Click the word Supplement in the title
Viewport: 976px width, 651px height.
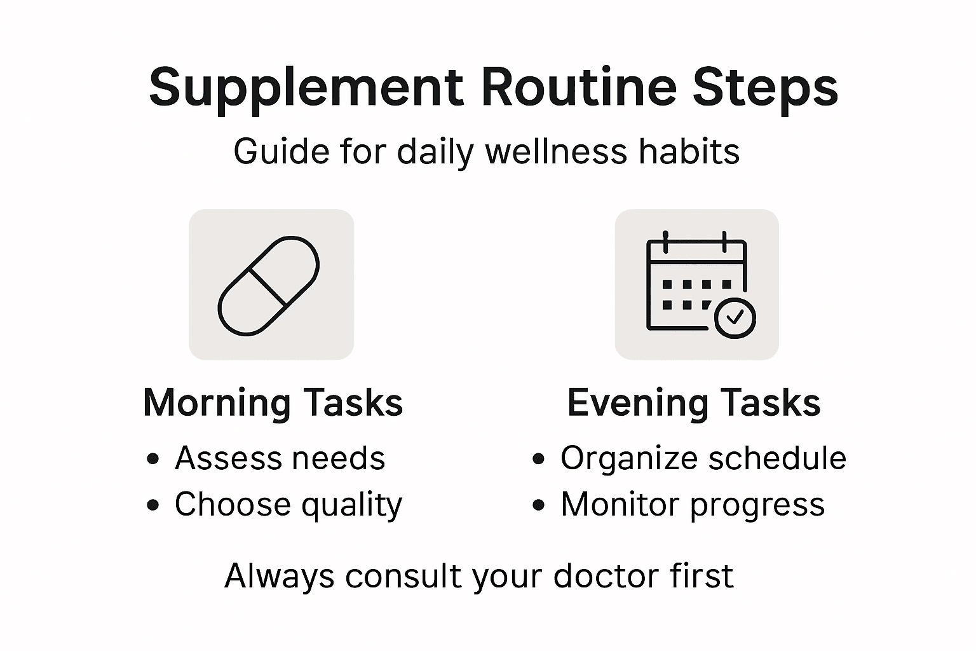click(x=306, y=88)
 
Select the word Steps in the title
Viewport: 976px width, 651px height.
click(x=765, y=88)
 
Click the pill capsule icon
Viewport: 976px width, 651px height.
click(x=268, y=285)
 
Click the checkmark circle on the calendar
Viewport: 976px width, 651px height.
click(x=735, y=317)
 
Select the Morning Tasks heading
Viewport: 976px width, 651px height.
click(x=273, y=403)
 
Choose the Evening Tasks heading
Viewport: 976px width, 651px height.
click(x=694, y=403)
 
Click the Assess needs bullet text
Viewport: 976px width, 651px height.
click(x=280, y=458)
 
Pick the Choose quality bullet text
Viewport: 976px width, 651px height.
click(x=288, y=505)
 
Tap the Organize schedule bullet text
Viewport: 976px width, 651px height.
click(x=703, y=458)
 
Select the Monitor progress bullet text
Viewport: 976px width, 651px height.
click(x=693, y=505)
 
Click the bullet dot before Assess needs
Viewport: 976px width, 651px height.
click(x=152, y=459)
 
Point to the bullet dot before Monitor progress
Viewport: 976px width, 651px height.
click(x=539, y=505)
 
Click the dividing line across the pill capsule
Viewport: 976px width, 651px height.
click(x=268, y=286)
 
